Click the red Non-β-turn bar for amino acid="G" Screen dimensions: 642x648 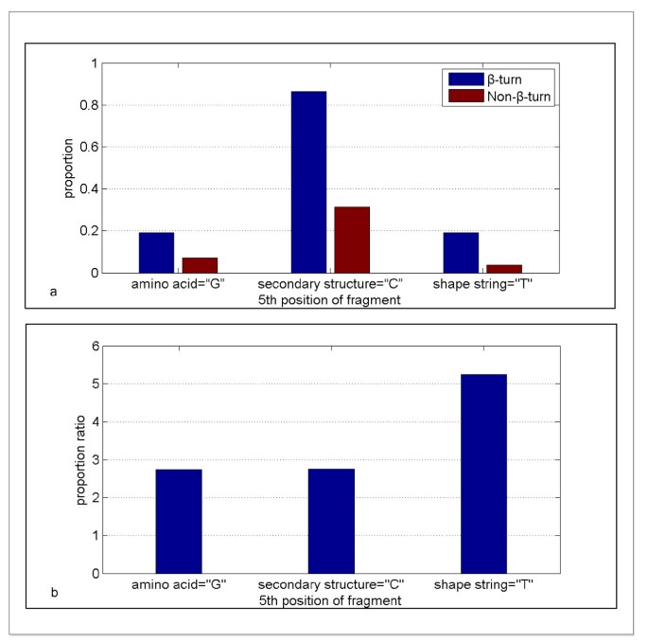pyautogui.click(x=200, y=265)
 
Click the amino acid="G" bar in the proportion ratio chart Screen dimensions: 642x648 pyautogui.click(x=179, y=521)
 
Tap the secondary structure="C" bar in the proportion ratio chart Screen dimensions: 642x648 pyautogui.click(x=331, y=521)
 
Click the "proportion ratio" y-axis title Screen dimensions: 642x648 pyautogui.click(x=81, y=459)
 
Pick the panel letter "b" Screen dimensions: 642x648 pyautogui.click(x=54, y=594)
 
